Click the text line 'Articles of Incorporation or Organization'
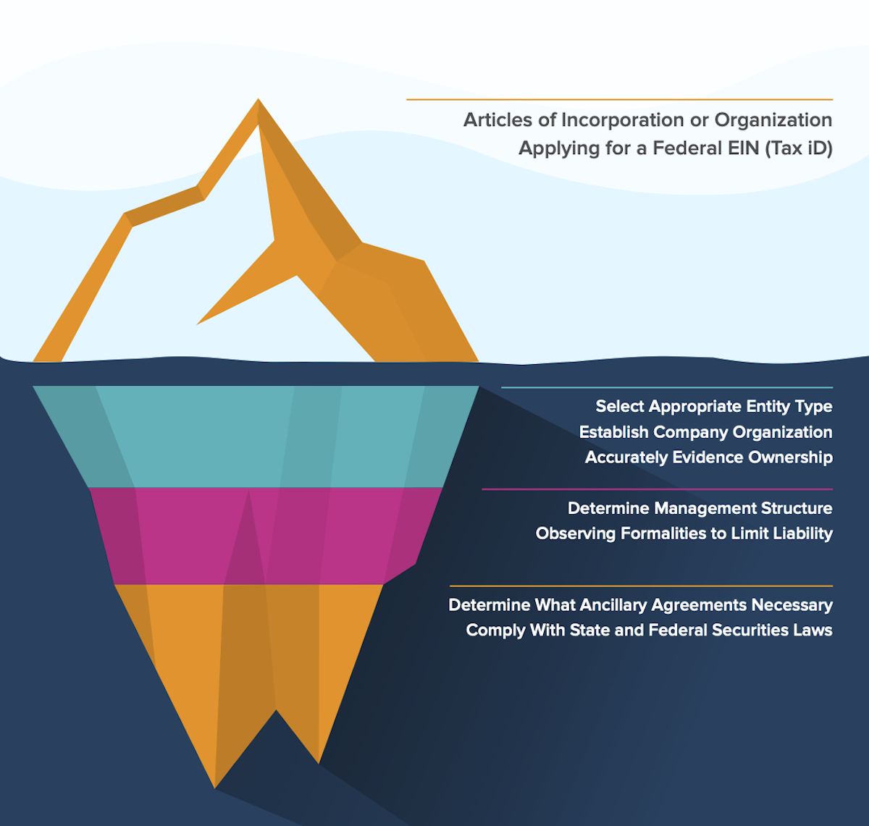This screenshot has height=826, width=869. point(647,120)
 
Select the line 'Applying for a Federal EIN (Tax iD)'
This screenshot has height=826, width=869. point(675,148)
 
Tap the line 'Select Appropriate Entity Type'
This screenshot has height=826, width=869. point(713,407)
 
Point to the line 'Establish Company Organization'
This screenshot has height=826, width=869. point(705,432)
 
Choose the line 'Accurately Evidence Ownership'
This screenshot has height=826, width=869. point(708,458)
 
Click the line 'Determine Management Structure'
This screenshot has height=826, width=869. point(700,508)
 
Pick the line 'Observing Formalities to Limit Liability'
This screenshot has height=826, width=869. point(684,534)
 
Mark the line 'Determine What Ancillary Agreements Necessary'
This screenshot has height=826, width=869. point(640,605)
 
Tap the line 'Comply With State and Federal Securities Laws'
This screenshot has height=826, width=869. point(649,631)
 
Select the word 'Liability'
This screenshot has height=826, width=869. point(802,534)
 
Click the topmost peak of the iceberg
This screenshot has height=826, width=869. point(259,101)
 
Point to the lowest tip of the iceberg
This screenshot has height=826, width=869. point(215,786)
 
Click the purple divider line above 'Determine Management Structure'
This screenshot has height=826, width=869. point(657,489)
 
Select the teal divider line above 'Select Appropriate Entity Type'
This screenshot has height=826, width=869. point(666,388)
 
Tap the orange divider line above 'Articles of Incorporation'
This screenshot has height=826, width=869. point(619,100)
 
